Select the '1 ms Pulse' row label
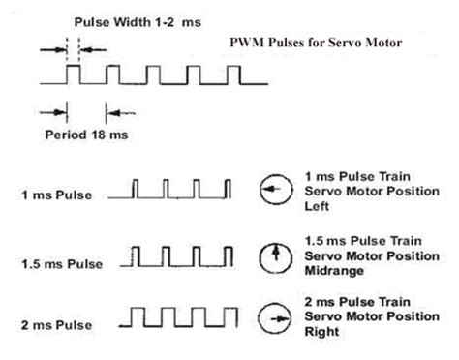pyautogui.click(x=57, y=195)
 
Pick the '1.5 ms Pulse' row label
pyautogui.click(x=61, y=262)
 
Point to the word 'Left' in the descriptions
pyautogui.click(x=316, y=205)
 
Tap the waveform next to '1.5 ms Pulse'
pyautogui.click(x=183, y=255)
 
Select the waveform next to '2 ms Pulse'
pyautogui.click(x=183, y=315)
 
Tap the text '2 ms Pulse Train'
pyautogui.click(x=352, y=302)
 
